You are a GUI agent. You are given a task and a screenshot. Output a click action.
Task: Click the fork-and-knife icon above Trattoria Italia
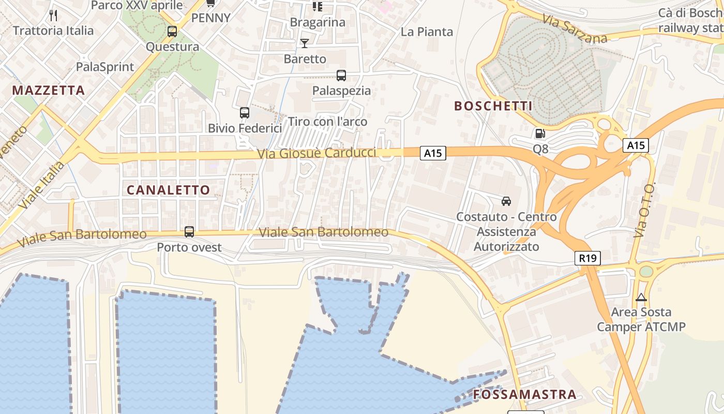pyautogui.click(x=53, y=15)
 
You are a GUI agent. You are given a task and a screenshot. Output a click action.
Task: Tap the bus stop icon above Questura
pyautogui.click(x=172, y=32)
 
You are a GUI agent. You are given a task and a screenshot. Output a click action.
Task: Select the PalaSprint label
pyautogui.click(x=105, y=67)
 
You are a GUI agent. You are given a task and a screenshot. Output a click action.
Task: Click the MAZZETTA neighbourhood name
pyautogui.click(x=49, y=91)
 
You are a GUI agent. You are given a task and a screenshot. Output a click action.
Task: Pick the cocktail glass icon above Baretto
pyautogui.click(x=305, y=43)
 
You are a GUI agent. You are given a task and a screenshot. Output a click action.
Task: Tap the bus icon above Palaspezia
pyautogui.click(x=341, y=76)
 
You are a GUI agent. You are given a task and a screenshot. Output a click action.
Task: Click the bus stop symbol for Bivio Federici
pyautogui.click(x=245, y=112)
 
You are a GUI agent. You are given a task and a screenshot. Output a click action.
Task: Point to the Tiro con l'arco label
pyautogui.click(x=327, y=122)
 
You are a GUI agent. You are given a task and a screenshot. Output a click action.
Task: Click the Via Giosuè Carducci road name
pyautogui.click(x=316, y=154)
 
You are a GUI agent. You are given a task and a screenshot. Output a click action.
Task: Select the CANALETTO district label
pyautogui.click(x=169, y=190)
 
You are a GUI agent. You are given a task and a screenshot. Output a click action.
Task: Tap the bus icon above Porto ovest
pyautogui.click(x=189, y=232)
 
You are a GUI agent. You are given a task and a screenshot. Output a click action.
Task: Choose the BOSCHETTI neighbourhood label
pyautogui.click(x=493, y=106)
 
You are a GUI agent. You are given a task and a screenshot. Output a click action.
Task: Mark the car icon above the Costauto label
pyautogui.click(x=506, y=201)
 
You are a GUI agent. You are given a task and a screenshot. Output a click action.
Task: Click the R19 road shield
pyautogui.click(x=587, y=258)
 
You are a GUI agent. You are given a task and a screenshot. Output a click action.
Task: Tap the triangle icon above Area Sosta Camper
pyautogui.click(x=641, y=298)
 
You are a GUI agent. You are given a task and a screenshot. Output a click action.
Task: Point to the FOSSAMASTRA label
pyautogui.click(x=524, y=394)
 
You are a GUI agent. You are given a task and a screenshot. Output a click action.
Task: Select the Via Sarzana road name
pyautogui.click(x=575, y=29)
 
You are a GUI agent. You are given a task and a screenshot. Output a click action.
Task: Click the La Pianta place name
pyautogui.click(x=427, y=32)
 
